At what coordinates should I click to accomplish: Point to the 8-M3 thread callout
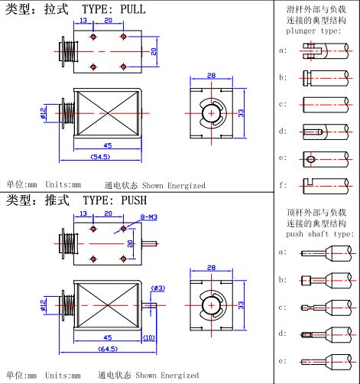[138, 217]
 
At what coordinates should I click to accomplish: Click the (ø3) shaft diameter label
[158, 288]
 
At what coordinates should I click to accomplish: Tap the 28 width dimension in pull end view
[211, 75]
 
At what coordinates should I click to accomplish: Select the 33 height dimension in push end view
[242, 304]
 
